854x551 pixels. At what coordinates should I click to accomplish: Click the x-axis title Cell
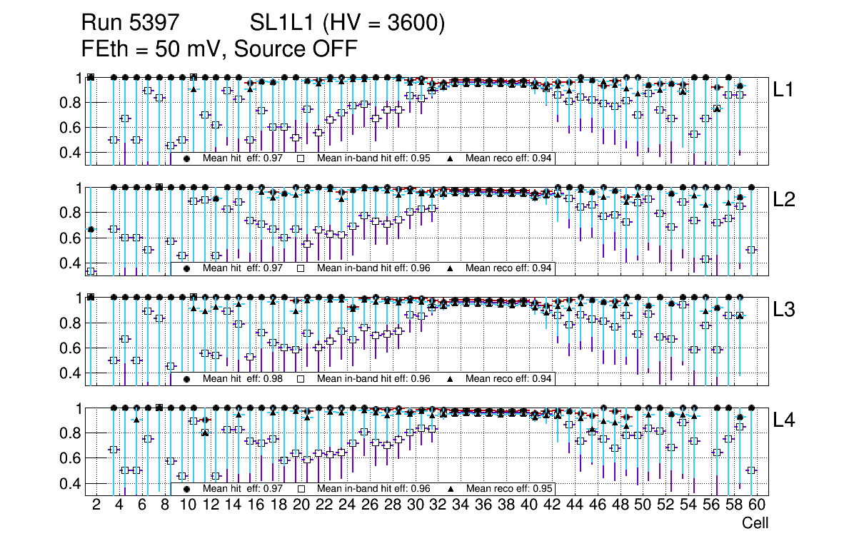pos(755,523)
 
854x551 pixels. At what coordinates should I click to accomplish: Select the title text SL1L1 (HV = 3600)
pos(348,24)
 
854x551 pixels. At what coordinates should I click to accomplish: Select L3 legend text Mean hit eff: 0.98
pos(239,378)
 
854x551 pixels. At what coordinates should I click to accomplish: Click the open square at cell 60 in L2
pos(750,250)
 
